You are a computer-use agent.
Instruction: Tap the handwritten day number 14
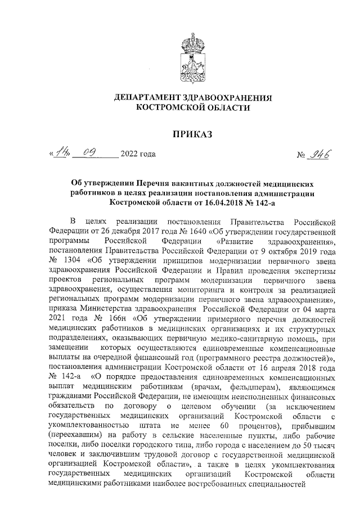tap(60, 152)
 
